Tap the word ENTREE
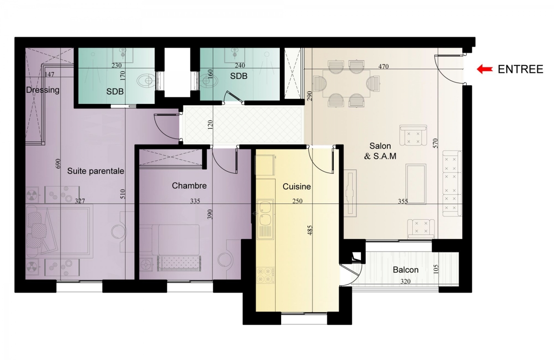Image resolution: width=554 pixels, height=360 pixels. coord(520,69)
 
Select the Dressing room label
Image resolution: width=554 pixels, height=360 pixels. coord(43,90)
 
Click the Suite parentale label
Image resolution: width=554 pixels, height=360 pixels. coord(96,171)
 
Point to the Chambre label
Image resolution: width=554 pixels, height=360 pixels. coord(189,186)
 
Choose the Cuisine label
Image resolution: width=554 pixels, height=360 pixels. coord(296,186)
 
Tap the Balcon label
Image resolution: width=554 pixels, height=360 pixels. coord(406,270)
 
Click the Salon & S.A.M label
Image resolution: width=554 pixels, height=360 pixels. coord(380,151)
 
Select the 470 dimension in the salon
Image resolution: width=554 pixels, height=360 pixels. coord(383,66)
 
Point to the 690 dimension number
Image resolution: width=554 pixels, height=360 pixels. coord(58,163)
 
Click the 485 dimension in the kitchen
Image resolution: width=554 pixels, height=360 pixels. coord(311,230)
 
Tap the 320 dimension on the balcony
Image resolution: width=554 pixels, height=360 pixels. coord(405,281)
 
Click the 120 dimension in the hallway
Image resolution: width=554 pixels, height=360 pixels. coord(210,125)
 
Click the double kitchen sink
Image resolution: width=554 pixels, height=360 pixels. coord(265,219)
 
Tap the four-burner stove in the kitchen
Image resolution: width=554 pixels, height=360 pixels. coord(265,276)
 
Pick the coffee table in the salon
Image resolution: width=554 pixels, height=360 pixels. coord(416,184)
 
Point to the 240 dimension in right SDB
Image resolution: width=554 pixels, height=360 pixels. coord(240,65)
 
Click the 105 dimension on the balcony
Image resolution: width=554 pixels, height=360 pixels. coord(436,269)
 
